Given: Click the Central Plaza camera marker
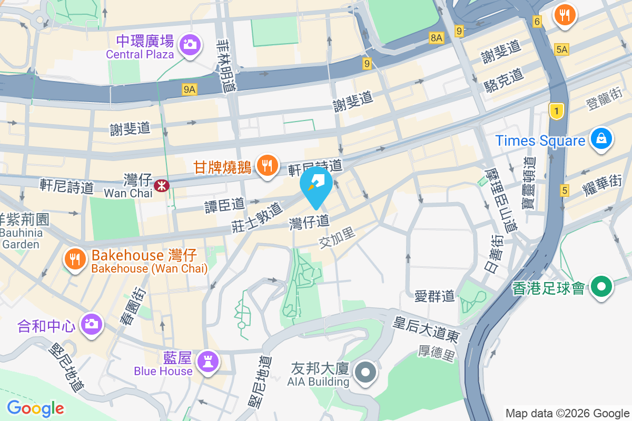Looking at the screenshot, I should click(189, 44).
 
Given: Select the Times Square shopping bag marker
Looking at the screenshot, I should click(600, 139).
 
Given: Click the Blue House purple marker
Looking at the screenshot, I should click(207, 362).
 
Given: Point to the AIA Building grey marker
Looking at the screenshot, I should click(366, 373).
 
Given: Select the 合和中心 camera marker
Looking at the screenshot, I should click(91, 324).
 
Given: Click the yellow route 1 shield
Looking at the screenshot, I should click(556, 111).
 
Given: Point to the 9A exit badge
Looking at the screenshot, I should click(190, 89).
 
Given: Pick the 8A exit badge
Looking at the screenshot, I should click(437, 37).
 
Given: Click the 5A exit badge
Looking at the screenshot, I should click(562, 49).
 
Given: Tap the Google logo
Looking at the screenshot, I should click(35, 408).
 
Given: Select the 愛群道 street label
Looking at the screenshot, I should click(434, 296).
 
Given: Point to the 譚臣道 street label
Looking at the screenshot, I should click(225, 205).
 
